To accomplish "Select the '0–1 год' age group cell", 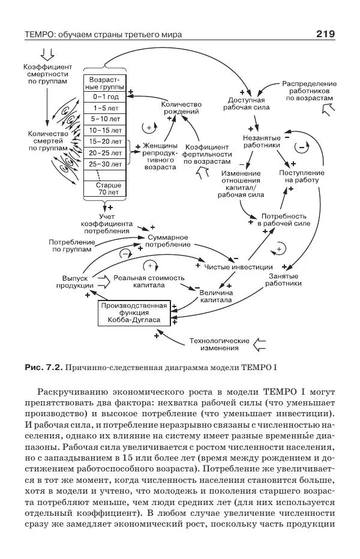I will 105,97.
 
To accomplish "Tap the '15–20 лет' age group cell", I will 105,141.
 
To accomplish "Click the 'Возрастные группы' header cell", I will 105,83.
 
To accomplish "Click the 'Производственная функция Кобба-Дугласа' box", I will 134,312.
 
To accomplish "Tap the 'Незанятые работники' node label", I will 261,140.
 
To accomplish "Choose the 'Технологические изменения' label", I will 219,344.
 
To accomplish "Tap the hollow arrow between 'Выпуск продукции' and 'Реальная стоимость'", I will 103,279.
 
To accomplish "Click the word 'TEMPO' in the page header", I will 40,35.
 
